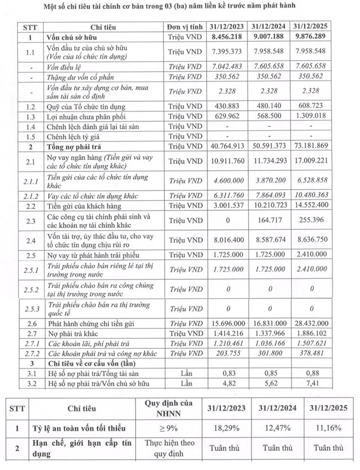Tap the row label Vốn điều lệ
click(x=66, y=67)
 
